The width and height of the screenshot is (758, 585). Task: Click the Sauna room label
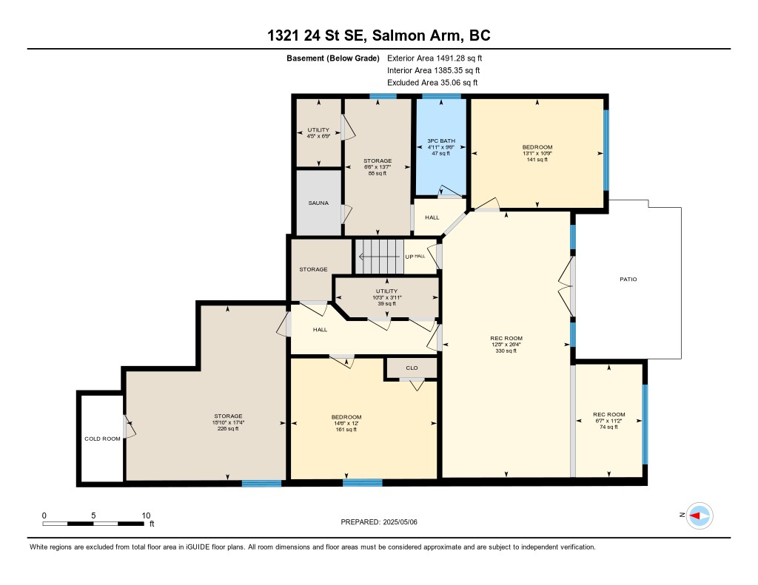[x=318, y=203]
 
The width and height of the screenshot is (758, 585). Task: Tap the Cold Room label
[x=102, y=439]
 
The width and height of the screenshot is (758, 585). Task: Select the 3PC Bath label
[x=441, y=141]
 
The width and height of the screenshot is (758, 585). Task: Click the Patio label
[x=628, y=280]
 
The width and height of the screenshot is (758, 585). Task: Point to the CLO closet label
[x=412, y=368]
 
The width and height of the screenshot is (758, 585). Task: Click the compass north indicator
[x=700, y=516]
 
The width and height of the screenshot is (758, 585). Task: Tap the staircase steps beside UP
[x=380, y=257]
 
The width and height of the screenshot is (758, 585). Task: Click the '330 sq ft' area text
[x=506, y=351]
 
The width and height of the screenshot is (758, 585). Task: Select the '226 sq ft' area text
[x=228, y=428]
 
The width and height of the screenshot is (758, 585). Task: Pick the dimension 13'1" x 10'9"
[x=537, y=153]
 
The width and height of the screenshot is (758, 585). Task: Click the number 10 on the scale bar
[x=146, y=515]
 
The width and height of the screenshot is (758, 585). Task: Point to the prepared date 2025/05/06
[x=400, y=521]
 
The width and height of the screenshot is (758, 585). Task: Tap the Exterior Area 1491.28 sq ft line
[x=435, y=58]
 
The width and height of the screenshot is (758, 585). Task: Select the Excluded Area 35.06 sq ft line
[x=432, y=83]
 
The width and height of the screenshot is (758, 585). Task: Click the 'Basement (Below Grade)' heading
[x=333, y=58]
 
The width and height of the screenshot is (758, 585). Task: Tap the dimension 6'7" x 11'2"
[x=608, y=421]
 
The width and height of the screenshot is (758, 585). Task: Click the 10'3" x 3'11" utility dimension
[x=386, y=297]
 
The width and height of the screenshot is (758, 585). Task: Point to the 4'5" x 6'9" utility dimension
[x=318, y=136]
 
